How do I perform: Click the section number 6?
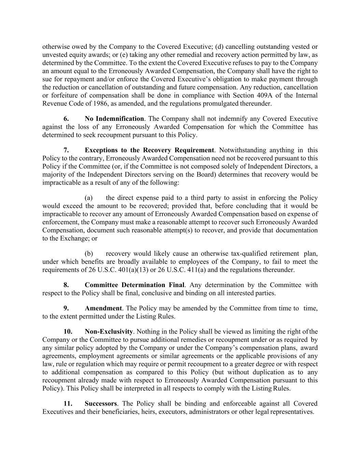pyautogui.click(x=66, y=119)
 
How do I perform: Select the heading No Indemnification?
pyautogui.click(x=114, y=119)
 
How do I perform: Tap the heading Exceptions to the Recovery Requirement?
pyautogui.click(x=149, y=150)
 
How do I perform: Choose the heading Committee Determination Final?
pyautogui.click(x=134, y=285)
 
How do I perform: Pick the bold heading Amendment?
pyautogui.click(x=103, y=308)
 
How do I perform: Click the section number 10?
pyautogui.click(x=68, y=331)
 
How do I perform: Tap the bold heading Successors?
pyautogui.click(x=101, y=404)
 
